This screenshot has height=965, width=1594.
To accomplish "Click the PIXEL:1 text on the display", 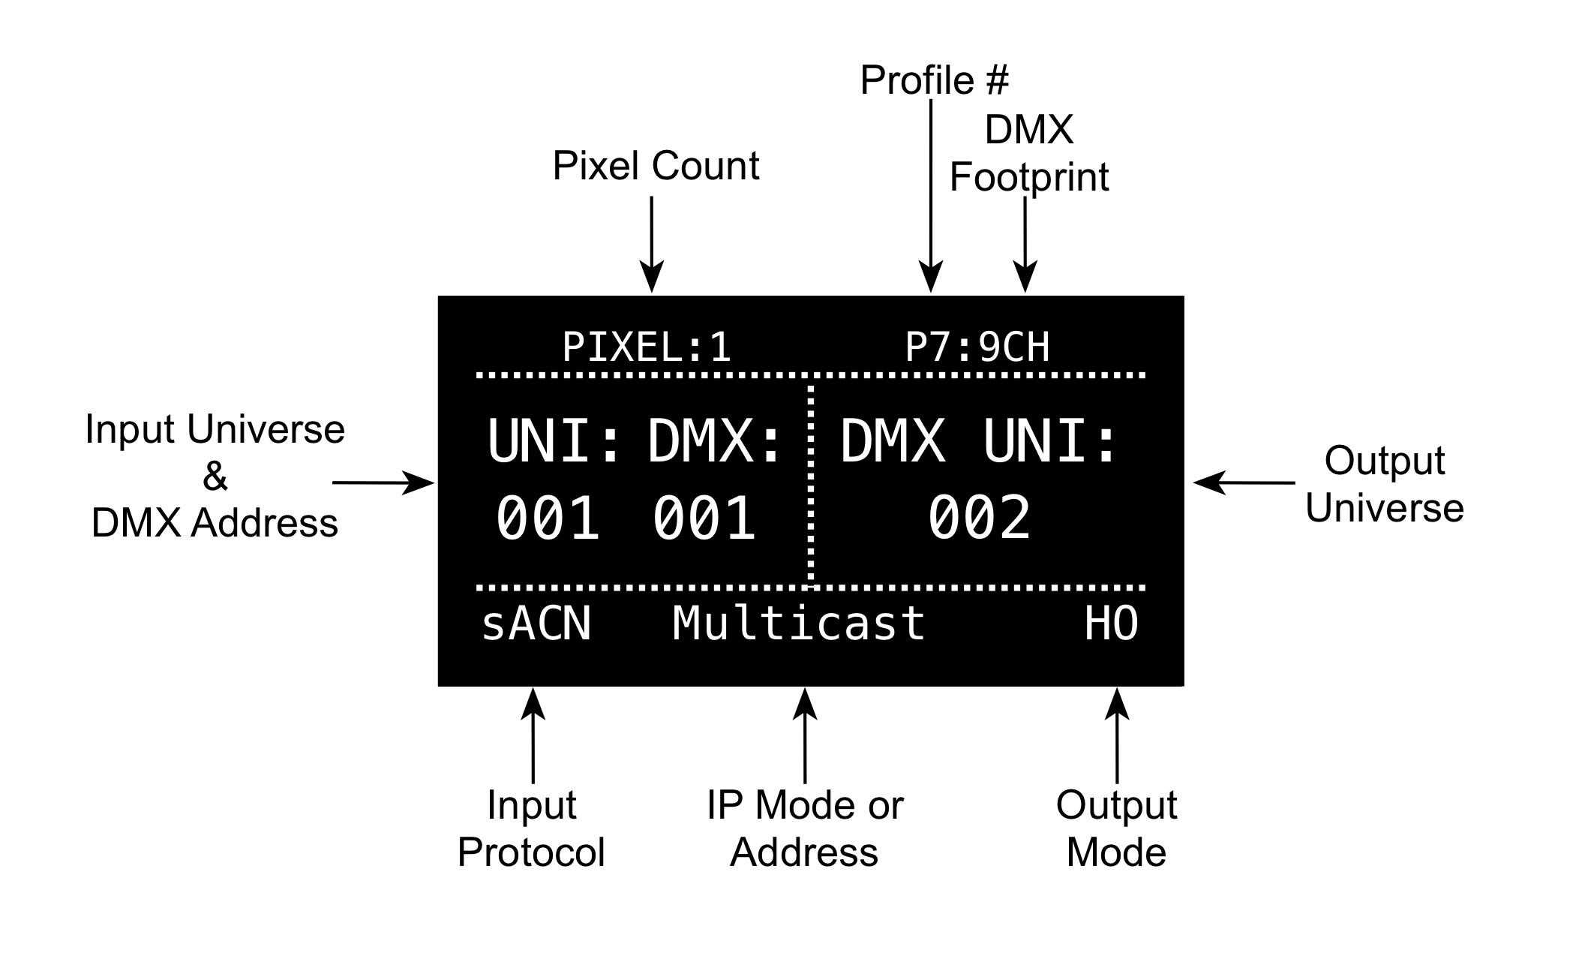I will click(647, 347).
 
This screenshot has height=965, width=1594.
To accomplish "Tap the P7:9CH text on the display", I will click(977, 347).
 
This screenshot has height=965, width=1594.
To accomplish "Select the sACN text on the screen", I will click(536, 624).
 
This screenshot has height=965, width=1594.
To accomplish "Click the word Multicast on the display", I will click(799, 624).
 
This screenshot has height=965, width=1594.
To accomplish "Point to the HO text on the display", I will click(1112, 624).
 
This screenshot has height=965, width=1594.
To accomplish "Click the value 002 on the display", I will click(980, 518).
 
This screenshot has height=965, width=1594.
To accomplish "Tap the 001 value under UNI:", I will click(548, 518).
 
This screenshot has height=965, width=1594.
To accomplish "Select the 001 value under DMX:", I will click(704, 518).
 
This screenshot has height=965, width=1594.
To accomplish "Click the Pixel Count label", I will click(656, 166).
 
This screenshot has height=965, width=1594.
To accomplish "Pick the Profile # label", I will click(934, 80).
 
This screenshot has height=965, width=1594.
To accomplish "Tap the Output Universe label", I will click(1384, 484).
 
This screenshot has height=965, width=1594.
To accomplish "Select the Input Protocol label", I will click(531, 828).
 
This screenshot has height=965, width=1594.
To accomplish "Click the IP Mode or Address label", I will click(804, 828).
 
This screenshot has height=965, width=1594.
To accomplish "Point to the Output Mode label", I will click(1116, 828).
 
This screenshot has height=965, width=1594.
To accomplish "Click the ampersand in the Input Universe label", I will click(215, 476).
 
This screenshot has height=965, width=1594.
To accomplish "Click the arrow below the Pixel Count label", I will click(652, 244).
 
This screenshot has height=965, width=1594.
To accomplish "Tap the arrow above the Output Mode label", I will click(1117, 735).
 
